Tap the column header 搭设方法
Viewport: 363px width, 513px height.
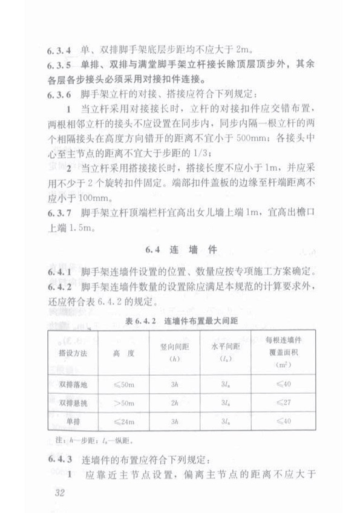(x=72, y=353)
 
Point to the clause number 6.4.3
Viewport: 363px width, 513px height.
(x=55, y=457)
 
